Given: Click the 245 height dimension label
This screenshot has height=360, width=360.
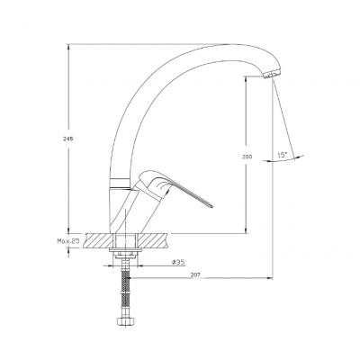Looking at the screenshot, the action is [68, 139].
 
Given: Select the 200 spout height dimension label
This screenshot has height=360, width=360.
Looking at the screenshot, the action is [247, 157].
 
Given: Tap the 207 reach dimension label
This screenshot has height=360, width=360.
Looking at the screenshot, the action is [195, 274].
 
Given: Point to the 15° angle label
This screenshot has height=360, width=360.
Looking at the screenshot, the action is [283, 156].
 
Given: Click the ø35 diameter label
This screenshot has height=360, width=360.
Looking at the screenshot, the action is [178, 262].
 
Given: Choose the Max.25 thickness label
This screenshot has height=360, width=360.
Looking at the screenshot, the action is [67, 240].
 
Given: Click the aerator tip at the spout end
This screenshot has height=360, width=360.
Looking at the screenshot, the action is [273, 74].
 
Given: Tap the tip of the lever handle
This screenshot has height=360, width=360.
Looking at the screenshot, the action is [211, 206].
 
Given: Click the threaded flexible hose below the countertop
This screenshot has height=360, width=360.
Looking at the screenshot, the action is [124, 287].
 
